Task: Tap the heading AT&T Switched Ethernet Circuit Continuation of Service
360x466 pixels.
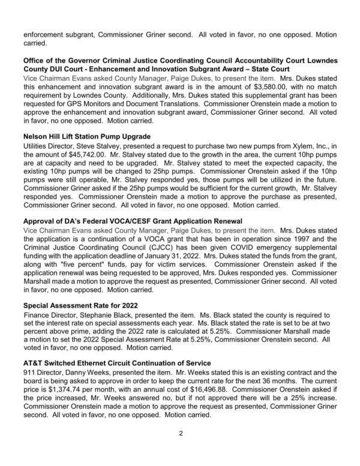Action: (x=116, y=363)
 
